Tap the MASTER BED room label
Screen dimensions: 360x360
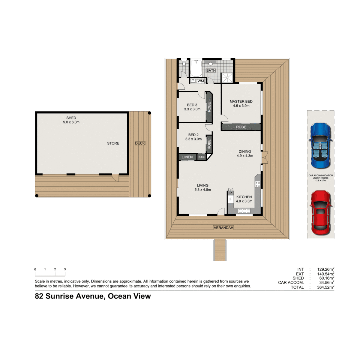pyautogui.click(x=241, y=101)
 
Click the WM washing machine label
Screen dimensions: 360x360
pyautogui.click(x=201, y=81)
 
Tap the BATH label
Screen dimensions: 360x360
pyautogui.click(x=211, y=71)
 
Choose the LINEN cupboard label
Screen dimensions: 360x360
pyautogui.click(x=187, y=157)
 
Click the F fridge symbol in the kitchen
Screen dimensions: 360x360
pyautogui.click(x=230, y=199)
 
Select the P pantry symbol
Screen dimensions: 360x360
pyautogui.click(x=230, y=193)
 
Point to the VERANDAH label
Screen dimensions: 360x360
pyautogui.click(x=223, y=228)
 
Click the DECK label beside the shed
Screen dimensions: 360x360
pyautogui.click(x=140, y=143)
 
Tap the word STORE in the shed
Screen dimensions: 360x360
pyautogui.click(x=113, y=143)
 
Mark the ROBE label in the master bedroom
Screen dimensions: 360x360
pyautogui.click(x=241, y=127)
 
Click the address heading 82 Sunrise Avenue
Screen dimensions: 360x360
pyautogui.click(x=93, y=296)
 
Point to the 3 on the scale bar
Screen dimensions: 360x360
pyautogui.click(x=65, y=269)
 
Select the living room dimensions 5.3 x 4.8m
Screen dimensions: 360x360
pyautogui.click(x=203, y=190)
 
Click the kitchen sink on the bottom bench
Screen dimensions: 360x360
pyautogui.click(x=244, y=211)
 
